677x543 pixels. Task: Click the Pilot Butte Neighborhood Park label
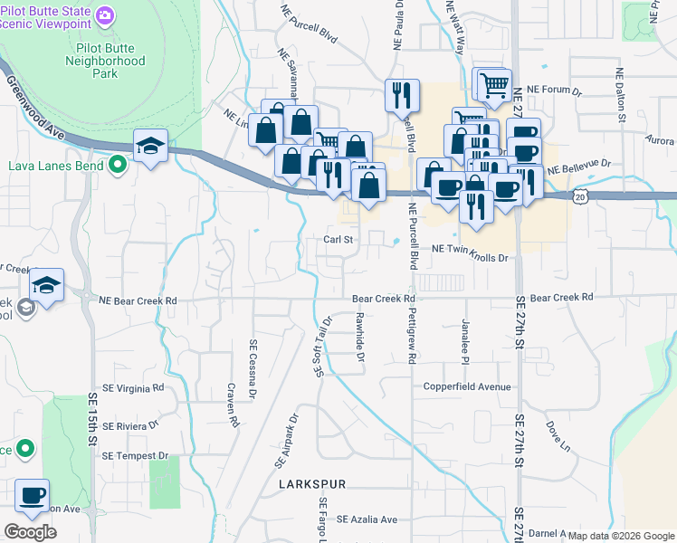pyautogui.click(x=105, y=62)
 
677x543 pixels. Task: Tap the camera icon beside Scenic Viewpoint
pyautogui.click(x=106, y=14)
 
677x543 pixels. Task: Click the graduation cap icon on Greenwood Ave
pyautogui.click(x=150, y=145)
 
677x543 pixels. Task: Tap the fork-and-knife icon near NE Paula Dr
pyautogui.click(x=401, y=93)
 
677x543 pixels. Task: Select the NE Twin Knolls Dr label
pyautogui.click(x=472, y=258)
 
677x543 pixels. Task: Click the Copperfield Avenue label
pyautogui.click(x=468, y=386)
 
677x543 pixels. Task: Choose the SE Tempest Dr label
pyautogui.click(x=136, y=455)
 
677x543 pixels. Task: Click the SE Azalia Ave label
pyautogui.click(x=367, y=519)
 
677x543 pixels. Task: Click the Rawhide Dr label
pyautogui.click(x=360, y=337)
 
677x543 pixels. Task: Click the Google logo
pyautogui.click(x=30, y=532)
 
